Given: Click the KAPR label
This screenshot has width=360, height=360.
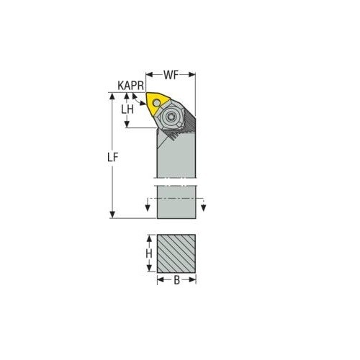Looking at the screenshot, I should (x=130, y=86).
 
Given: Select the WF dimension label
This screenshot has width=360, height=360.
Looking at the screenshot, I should (x=171, y=74).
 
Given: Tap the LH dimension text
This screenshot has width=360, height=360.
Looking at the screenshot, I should (x=127, y=109).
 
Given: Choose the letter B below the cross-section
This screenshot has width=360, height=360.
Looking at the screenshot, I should (x=176, y=280).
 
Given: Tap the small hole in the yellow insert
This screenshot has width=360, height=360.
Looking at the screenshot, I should (x=156, y=104).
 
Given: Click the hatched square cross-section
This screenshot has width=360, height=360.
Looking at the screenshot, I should (x=176, y=253).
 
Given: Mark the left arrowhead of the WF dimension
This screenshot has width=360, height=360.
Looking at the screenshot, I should (x=148, y=73).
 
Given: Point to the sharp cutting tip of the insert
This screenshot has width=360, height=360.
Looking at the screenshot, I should (x=146, y=93).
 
